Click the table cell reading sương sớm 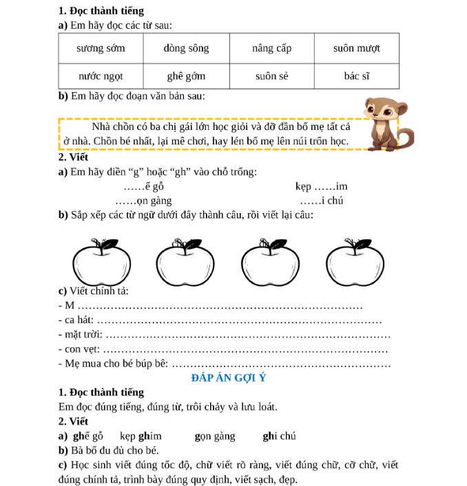(x=100, y=49)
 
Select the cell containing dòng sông (x=186, y=49)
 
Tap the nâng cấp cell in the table (x=271, y=49)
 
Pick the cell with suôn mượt (x=356, y=49)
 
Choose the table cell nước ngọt (x=100, y=76)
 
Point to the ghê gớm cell (x=186, y=76)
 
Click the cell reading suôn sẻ (x=271, y=76)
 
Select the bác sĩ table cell (x=356, y=76)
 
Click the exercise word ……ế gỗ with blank (x=144, y=186)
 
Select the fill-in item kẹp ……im (x=322, y=186)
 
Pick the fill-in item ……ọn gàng (x=144, y=201)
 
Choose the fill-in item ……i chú (x=322, y=201)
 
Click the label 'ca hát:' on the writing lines (x=76, y=320)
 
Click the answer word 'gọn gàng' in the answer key (x=214, y=436)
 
